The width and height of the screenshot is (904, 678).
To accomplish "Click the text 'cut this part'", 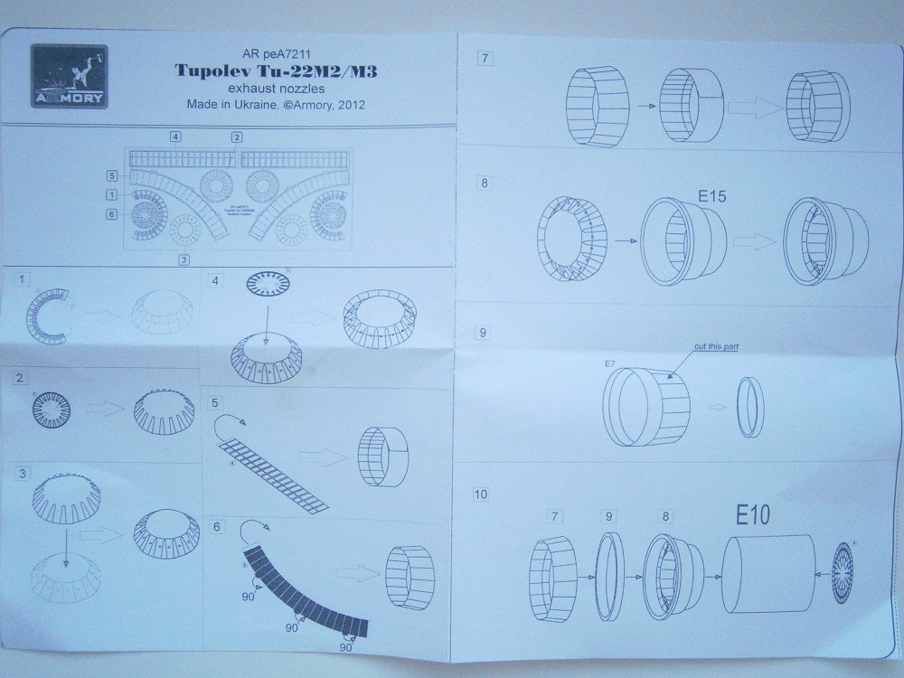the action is tap(711, 347).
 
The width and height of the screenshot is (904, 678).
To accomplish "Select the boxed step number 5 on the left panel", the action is tap(216, 402).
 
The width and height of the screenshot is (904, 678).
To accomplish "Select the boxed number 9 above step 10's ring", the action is tap(609, 516).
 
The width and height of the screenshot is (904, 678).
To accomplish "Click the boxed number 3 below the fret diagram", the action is tap(184, 259).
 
